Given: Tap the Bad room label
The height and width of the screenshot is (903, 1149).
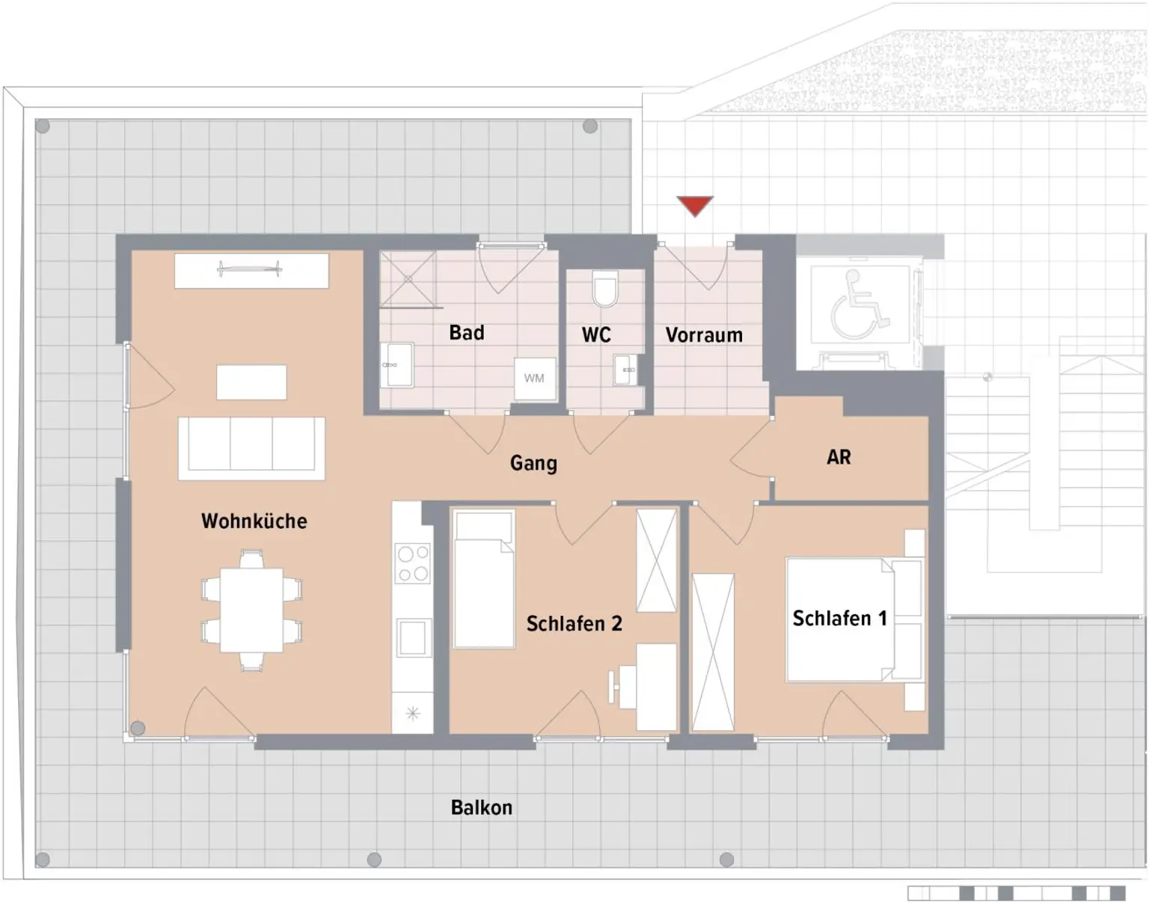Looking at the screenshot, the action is [x=466, y=332].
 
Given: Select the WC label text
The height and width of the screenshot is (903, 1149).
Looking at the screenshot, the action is [x=596, y=334].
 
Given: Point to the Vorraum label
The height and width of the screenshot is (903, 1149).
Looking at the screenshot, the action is [x=704, y=334].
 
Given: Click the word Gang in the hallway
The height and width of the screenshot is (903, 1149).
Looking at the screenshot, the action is [x=533, y=463].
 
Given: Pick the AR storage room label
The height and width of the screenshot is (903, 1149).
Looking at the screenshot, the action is [x=839, y=457].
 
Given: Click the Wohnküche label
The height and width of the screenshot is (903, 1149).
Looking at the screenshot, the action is [x=254, y=521].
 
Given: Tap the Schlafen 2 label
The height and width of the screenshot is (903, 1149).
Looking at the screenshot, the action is [x=574, y=624].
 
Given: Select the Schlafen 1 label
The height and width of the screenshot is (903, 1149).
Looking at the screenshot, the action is [x=839, y=619].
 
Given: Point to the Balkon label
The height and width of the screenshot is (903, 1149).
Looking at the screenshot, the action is [x=481, y=808].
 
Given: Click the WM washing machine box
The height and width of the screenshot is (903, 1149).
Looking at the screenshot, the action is [x=535, y=379].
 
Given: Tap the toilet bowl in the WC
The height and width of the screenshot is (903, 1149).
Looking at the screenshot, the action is [x=605, y=290].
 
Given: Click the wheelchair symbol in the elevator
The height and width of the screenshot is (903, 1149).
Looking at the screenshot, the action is [x=858, y=305].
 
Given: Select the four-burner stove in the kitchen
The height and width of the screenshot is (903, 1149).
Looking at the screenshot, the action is [x=413, y=563].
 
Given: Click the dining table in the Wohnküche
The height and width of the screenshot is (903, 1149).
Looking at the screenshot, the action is [x=251, y=610].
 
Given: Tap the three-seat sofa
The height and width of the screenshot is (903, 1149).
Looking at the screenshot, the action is [x=251, y=448].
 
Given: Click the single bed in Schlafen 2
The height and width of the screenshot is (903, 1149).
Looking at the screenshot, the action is [x=484, y=579].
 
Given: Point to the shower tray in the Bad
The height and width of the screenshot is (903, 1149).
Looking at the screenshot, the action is [x=408, y=278].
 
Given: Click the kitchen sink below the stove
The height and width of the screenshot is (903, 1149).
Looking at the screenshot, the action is [x=412, y=637].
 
